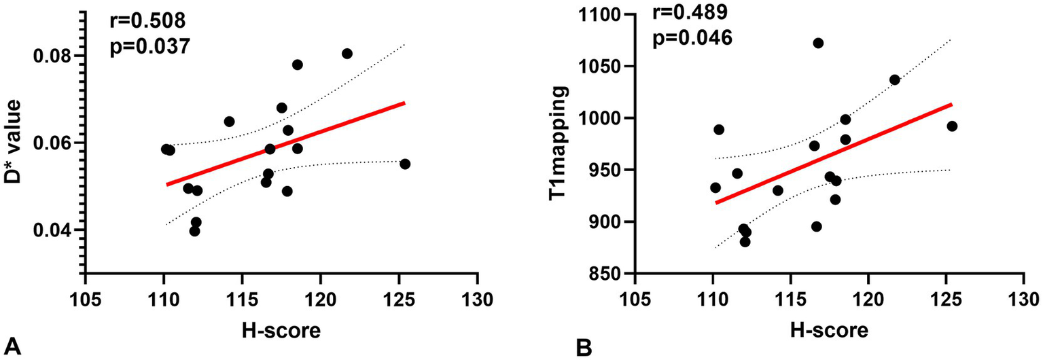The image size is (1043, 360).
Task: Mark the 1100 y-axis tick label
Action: (598, 15)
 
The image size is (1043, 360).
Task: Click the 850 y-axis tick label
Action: (602, 274)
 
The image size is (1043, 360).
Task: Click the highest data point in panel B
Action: (818, 43)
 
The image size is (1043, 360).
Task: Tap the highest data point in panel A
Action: (347, 54)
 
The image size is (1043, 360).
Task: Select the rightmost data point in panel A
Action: (405, 164)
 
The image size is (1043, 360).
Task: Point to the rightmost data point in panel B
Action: (952, 126)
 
